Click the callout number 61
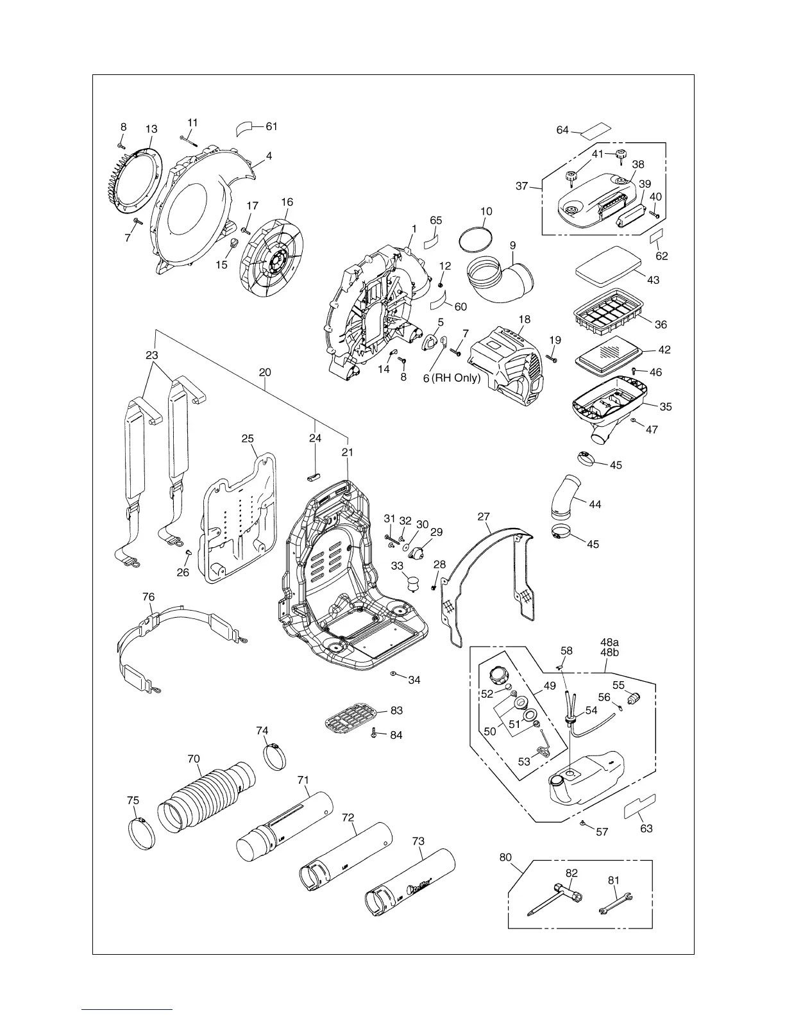pyautogui.click(x=272, y=127)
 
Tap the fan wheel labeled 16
pyautogui.click(x=272, y=258)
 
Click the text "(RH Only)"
pyautogui.click(x=456, y=378)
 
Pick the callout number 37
pyautogui.click(x=522, y=186)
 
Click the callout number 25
pyautogui.click(x=248, y=439)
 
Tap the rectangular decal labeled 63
pyautogui.click(x=640, y=805)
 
